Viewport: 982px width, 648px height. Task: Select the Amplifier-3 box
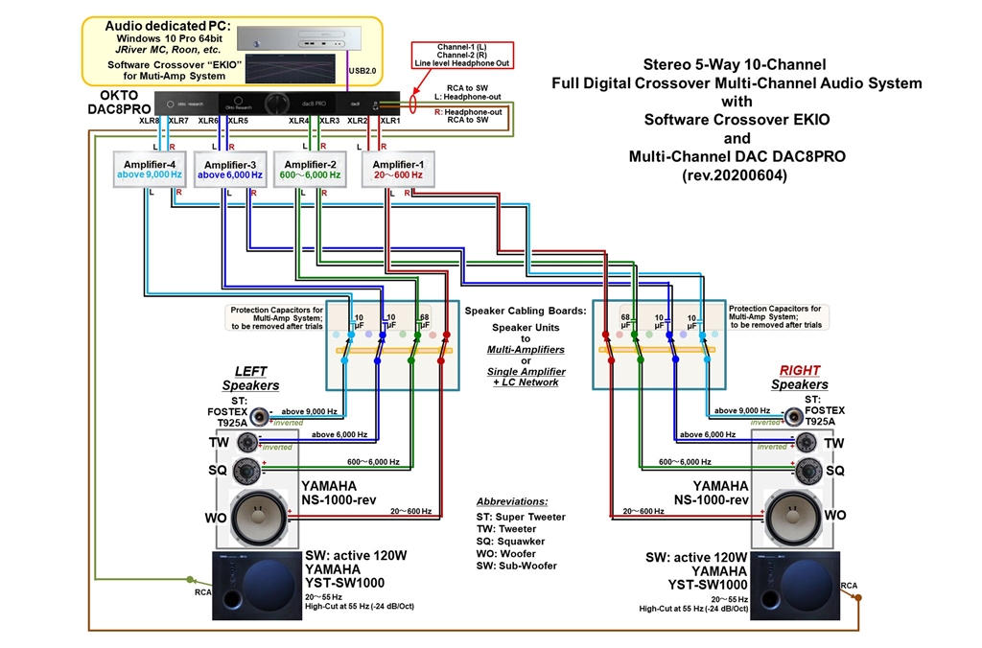[229, 169]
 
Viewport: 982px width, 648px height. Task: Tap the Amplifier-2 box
[310, 169]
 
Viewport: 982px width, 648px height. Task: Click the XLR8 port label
[150, 121]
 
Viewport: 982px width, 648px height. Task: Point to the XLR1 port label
[390, 121]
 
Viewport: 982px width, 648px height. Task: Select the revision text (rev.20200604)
[736, 175]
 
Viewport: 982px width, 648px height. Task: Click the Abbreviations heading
[512, 501]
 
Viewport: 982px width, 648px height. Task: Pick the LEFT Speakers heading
[250, 378]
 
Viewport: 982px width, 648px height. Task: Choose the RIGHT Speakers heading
[799, 377]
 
